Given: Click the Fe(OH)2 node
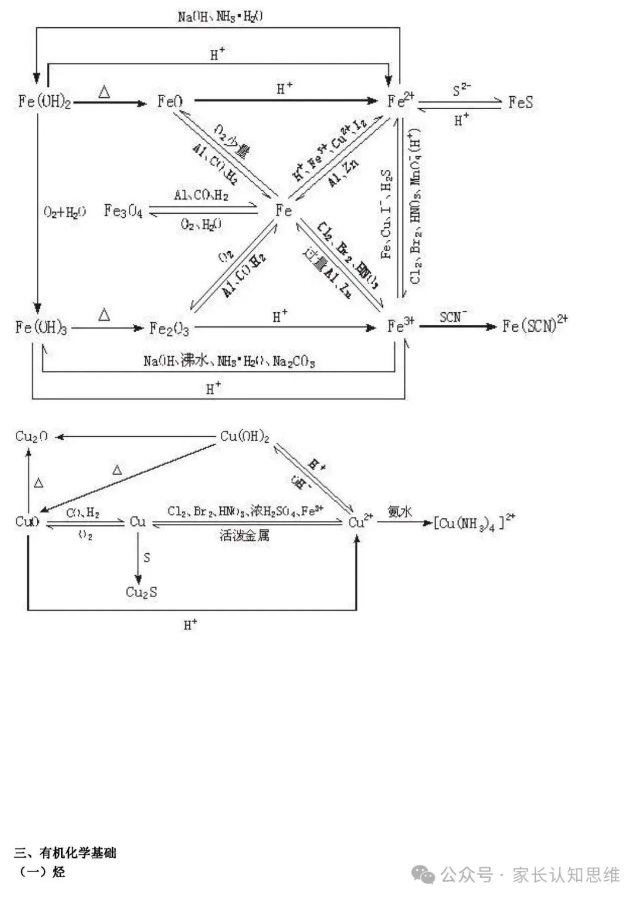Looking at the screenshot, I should click(x=45, y=101).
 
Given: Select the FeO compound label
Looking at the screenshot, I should click(x=170, y=101).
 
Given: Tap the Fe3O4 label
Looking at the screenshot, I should click(x=123, y=211).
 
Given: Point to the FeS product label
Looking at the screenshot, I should click(x=521, y=102).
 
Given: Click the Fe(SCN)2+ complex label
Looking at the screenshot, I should click(x=534, y=325).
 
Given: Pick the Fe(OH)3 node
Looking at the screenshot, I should click(x=41, y=327).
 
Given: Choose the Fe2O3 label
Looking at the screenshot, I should click(x=169, y=328).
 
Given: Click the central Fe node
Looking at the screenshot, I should click(x=284, y=211).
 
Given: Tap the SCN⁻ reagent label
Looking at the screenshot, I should click(x=453, y=317).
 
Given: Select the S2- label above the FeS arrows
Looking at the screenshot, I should click(x=461, y=90).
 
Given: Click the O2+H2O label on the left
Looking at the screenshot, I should click(x=65, y=212).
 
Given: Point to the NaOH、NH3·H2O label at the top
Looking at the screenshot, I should click(x=220, y=16).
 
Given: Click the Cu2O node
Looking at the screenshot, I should click(x=31, y=437).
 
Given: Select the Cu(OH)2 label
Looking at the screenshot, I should click(x=245, y=437).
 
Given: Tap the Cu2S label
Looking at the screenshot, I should click(x=141, y=592).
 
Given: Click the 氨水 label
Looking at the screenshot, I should click(x=400, y=511).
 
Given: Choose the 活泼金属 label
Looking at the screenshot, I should click(x=244, y=535).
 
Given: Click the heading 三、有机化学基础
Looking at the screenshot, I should click(x=65, y=853).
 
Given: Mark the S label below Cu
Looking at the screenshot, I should click(x=147, y=558).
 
